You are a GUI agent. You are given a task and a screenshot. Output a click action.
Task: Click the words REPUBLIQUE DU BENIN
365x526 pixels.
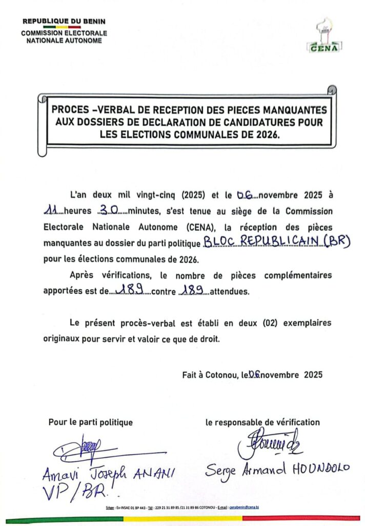pos(64,22)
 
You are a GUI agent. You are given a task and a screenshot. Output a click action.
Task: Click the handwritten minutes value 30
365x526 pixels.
pos(106,211)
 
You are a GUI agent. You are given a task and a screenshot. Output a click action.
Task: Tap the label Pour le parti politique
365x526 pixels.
pos(91,423)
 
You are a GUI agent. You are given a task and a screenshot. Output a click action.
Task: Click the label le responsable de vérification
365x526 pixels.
pos(262,423)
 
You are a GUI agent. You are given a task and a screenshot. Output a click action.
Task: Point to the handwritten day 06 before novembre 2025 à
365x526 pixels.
pos(245,196)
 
